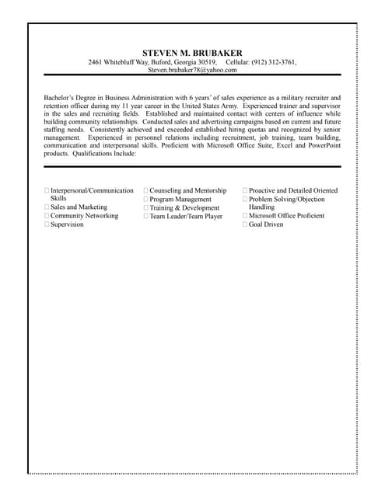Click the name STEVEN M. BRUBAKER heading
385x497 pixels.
192,53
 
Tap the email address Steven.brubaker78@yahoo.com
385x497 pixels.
192,70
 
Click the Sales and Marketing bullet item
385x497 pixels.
79,207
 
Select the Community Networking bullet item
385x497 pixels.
84,216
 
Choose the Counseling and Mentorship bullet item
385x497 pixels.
187,190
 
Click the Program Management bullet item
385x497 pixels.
180,199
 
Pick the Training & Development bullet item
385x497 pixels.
184,208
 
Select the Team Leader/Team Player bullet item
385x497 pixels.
185,217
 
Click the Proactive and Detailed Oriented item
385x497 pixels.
292,190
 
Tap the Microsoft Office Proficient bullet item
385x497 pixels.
286,216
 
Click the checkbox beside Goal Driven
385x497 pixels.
245,224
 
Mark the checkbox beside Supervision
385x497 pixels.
47,224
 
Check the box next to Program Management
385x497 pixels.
145,199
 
